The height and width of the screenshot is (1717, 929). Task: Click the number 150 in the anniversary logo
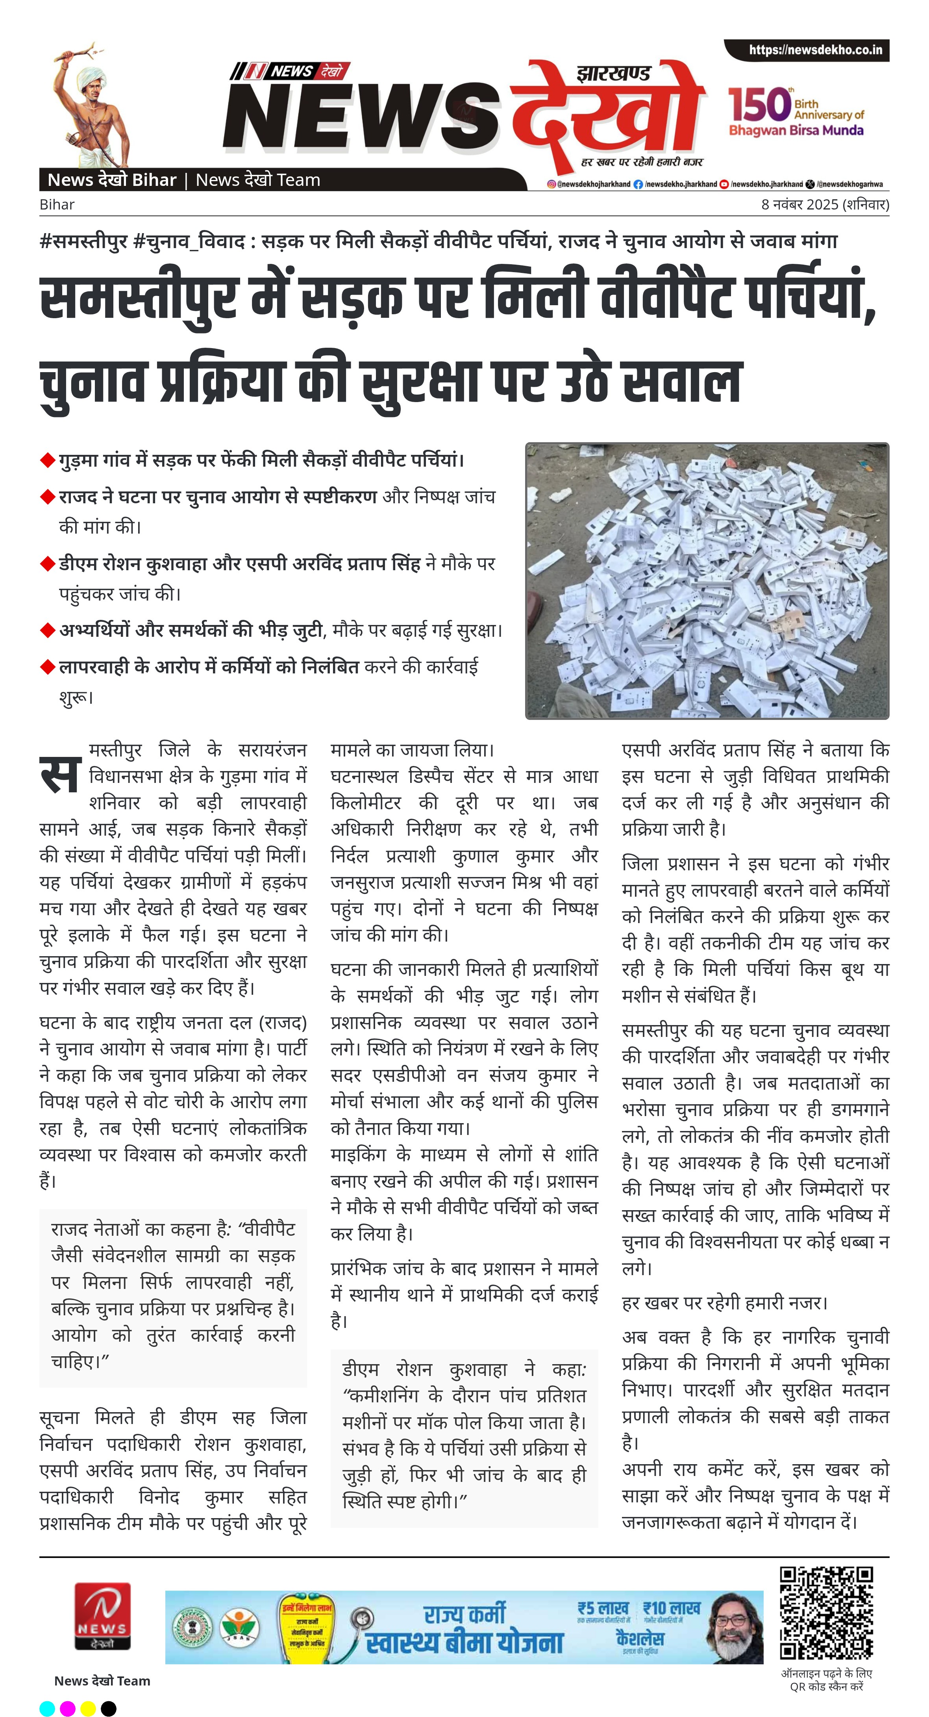click(x=759, y=105)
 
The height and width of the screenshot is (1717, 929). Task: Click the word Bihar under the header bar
click(x=57, y=205)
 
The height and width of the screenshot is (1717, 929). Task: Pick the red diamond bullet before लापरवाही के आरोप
click(x=47, y=667)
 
